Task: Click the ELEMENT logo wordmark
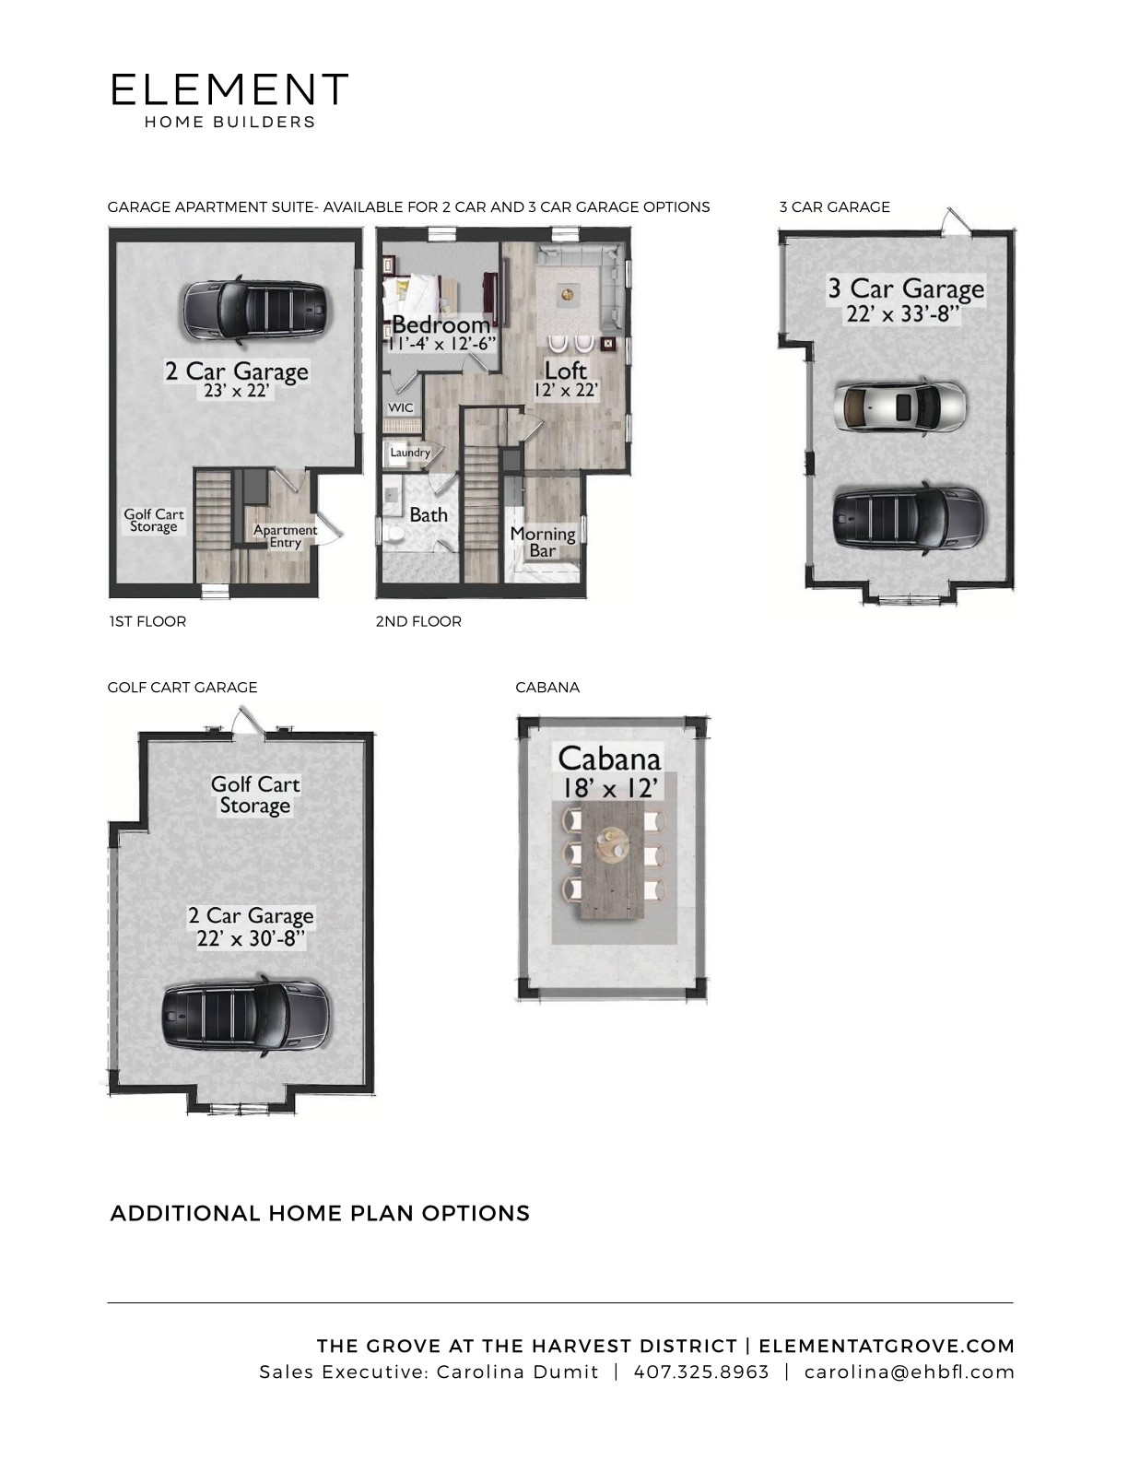point(229,89)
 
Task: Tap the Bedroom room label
point(441,324)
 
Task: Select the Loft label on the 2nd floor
point(565,371)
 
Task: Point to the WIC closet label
point(400,407)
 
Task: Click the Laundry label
point(410,453)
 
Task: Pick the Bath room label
point(429,514)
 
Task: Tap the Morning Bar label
point(543,542)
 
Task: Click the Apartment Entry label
point(285,536)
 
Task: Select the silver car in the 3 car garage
point(900,406)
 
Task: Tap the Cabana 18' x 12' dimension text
point(608,787)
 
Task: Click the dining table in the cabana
point(611,862)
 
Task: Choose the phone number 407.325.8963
point(700,1372)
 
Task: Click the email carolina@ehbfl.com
point(909,1372)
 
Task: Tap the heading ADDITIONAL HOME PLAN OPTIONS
point(320,1213)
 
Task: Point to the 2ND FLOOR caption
point(418,621)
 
